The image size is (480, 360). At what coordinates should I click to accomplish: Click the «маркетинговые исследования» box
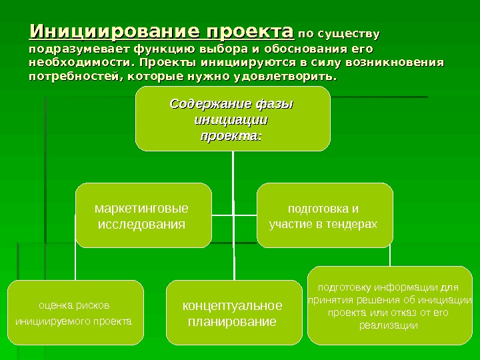coord(143,215)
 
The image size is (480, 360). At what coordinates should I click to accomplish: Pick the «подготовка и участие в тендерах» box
coord(325,215)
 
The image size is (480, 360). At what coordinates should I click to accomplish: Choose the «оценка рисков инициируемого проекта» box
coord(75,313)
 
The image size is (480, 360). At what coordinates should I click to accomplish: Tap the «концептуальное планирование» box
coord(233,313)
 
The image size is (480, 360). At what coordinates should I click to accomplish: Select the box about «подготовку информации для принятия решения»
coord(390,307)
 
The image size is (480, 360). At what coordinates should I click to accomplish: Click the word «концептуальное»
coord(233,306)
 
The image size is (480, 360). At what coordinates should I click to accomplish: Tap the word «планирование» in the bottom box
coord(233,322)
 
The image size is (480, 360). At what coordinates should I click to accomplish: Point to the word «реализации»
coord(389,325)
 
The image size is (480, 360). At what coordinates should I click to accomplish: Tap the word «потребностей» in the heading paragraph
coord(70,77)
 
